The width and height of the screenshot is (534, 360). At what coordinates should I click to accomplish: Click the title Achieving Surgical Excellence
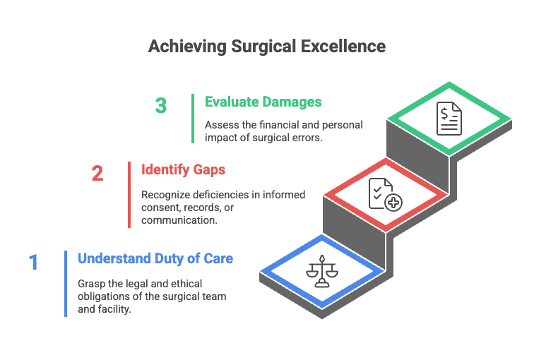pos(266,47)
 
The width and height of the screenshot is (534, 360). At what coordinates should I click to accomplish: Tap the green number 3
pos(161,106)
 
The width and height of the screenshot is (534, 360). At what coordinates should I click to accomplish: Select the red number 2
pos(97,173)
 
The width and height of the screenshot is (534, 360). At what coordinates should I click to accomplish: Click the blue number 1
pos(33,263)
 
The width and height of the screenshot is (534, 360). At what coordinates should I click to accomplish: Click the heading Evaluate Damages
pos(263,102)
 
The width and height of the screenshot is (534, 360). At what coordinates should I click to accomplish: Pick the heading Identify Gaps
pos(183,169)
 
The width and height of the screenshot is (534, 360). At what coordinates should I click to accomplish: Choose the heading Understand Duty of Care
pos(155,258)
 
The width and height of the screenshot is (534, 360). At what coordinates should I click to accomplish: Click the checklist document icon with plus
pos(385,193)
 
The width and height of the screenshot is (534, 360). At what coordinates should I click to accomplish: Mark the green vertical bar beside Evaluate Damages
pos(193,119)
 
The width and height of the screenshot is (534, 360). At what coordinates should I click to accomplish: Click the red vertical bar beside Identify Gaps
pos(129,194)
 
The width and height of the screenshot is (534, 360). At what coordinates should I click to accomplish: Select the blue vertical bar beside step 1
pos(66,283)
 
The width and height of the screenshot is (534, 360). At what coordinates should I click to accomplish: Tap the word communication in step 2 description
pos(178,220)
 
